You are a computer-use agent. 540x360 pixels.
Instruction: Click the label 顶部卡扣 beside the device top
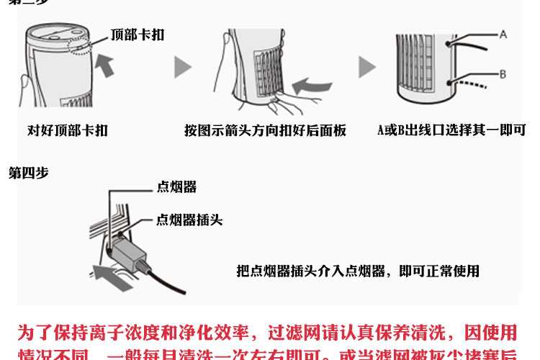point(138,34)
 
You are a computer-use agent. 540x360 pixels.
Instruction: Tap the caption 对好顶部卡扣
point(68,130)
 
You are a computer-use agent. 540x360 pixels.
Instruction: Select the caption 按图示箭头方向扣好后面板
point(265,130)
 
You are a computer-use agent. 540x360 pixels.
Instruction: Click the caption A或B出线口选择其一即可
point(451,130)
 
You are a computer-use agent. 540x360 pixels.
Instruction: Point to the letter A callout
point(503,34)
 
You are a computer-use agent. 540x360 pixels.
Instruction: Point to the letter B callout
point(503,73)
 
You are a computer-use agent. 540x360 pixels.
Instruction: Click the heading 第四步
point(28,173)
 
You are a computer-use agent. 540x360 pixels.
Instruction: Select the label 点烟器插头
point(189,220)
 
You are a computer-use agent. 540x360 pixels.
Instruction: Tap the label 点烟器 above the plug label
point(176,187)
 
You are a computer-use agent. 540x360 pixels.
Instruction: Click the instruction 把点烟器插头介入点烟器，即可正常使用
point(358,271)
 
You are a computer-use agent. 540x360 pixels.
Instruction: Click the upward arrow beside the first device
point(105,66)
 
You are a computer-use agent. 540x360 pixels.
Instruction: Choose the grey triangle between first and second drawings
point(183,68)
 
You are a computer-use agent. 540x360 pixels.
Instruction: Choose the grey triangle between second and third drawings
point(367,68)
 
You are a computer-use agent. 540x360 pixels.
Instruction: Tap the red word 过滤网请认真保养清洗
point(351,333)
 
